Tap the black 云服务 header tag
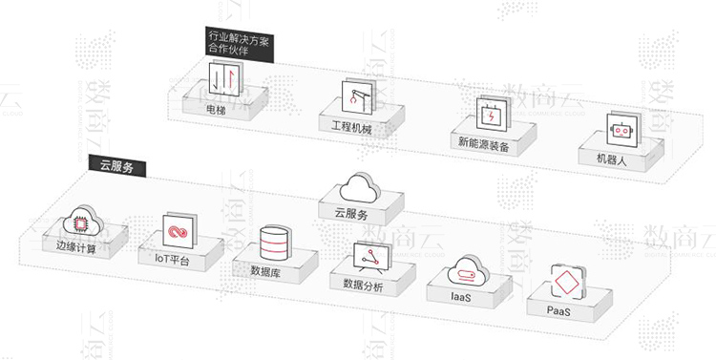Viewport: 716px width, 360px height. (116, 165)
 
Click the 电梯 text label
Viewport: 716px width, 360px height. (217, 110)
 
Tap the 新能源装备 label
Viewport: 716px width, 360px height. (484, 145)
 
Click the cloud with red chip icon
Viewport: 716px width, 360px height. (79, 223)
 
